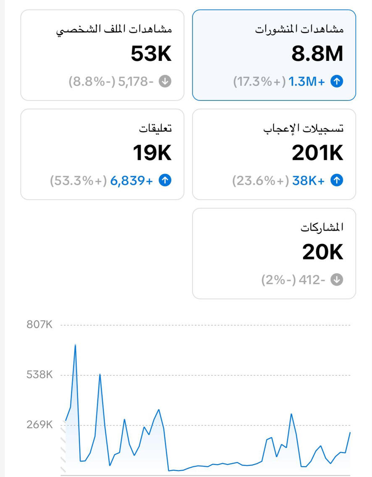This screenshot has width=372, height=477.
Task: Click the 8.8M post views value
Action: click(317, 54)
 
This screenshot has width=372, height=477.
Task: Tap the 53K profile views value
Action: click(151, 54)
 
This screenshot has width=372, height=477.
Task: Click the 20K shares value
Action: click(322, 253)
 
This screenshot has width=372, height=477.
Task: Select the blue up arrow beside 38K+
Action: click(337, 181)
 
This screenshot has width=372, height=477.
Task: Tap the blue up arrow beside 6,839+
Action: click(165, 181)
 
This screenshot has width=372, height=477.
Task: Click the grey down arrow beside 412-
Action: click(337, 280)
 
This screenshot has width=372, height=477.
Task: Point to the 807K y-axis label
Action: click(39, 325)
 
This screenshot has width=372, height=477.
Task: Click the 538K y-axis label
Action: click(39, 375)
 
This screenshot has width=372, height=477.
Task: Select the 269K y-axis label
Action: click(39, 425)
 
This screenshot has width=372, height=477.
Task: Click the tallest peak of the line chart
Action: click(75, 345)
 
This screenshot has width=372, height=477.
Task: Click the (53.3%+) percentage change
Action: click(78, 181)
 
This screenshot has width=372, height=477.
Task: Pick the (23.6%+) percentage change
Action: click(260, 181)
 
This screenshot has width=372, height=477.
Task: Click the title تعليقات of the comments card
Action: click(155, 128)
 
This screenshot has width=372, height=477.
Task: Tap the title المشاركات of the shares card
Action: click(322, 228)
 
